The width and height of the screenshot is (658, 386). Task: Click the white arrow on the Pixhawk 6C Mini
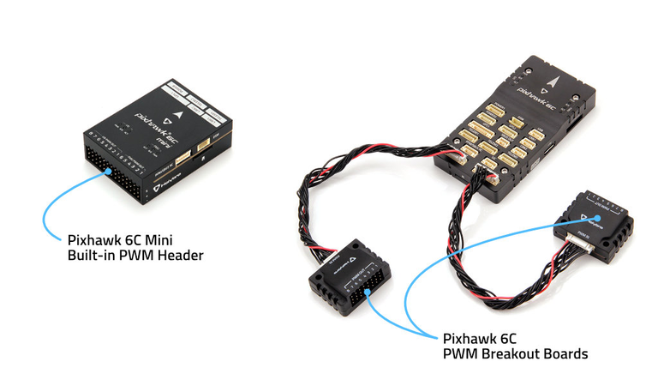(175, 111)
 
